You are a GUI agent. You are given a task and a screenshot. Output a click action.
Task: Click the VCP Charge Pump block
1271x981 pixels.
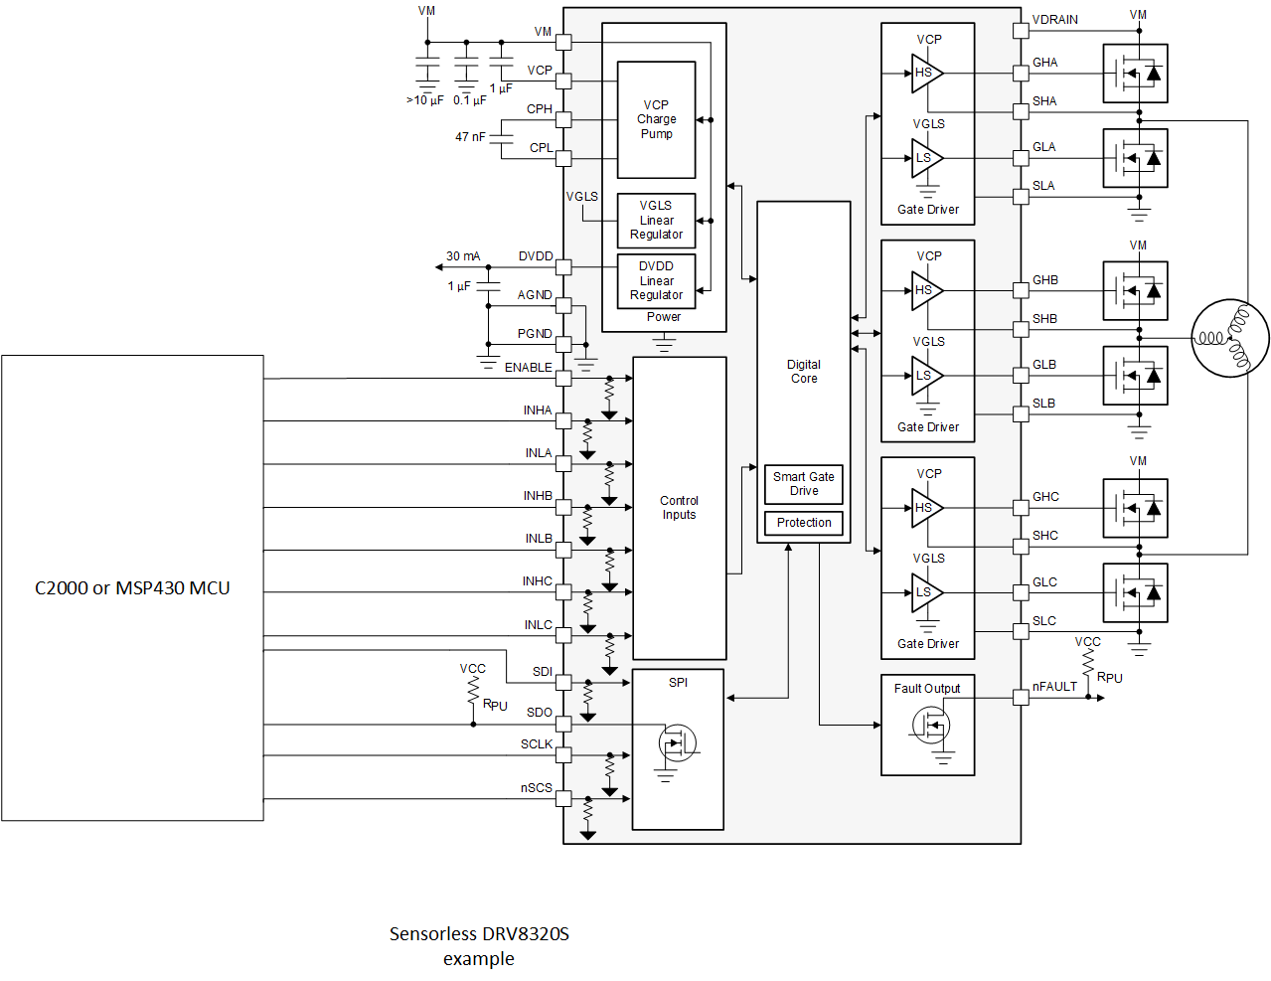pos(656,119)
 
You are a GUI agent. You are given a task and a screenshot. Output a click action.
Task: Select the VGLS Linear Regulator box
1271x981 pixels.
pos(656,220)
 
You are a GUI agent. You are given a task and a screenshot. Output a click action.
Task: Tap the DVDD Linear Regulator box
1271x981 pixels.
pos(656,280)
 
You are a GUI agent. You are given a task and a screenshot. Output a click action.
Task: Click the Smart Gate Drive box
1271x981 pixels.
pos(804,484)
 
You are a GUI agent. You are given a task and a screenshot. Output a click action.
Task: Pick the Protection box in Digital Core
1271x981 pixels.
pos(804,523)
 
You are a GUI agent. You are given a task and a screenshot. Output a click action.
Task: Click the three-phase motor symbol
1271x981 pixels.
pos(1229,338)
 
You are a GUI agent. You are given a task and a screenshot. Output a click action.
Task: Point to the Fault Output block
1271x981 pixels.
pos(927,725)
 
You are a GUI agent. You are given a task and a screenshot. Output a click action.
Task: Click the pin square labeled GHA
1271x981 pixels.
pos(1021,74)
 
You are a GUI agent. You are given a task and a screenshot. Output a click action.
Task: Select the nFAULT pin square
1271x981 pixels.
pos(1021,698)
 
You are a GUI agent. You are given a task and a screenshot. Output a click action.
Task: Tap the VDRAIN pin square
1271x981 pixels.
pos(1021,31)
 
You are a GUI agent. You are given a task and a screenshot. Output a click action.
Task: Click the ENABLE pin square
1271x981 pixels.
pos(563,379)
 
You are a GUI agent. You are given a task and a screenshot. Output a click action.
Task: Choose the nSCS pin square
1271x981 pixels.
pos(563,798)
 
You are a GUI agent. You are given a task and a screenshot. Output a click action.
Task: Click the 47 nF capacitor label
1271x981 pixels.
pos(470,137)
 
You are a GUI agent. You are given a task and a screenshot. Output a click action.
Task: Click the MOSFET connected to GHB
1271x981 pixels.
pos(1135,291)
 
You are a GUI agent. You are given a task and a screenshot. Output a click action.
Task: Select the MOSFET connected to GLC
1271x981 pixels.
pos(1135,593)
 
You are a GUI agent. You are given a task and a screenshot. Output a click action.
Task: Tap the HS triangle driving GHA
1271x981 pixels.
pos(925,73)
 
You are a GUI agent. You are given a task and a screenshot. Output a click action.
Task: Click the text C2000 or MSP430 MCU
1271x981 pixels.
pos(132,588)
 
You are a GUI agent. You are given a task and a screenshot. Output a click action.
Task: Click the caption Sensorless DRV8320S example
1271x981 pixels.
pos(479,946)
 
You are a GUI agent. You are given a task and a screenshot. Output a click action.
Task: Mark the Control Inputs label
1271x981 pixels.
pos(679,508)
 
